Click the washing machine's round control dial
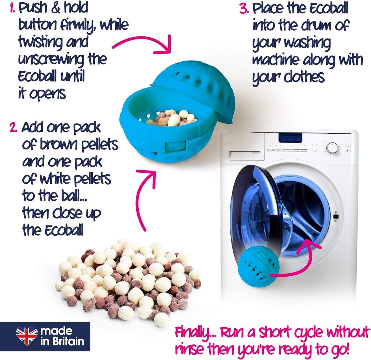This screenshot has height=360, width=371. point(332,148)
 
